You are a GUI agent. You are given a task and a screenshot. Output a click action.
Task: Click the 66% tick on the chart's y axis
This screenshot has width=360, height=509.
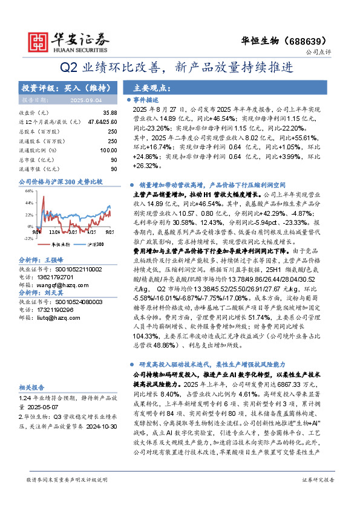pos(28,190)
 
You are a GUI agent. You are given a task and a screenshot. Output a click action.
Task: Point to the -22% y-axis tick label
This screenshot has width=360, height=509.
pos(27,238)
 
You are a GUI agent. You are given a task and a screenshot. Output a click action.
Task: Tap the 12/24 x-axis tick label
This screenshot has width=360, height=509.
pos(57,232)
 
